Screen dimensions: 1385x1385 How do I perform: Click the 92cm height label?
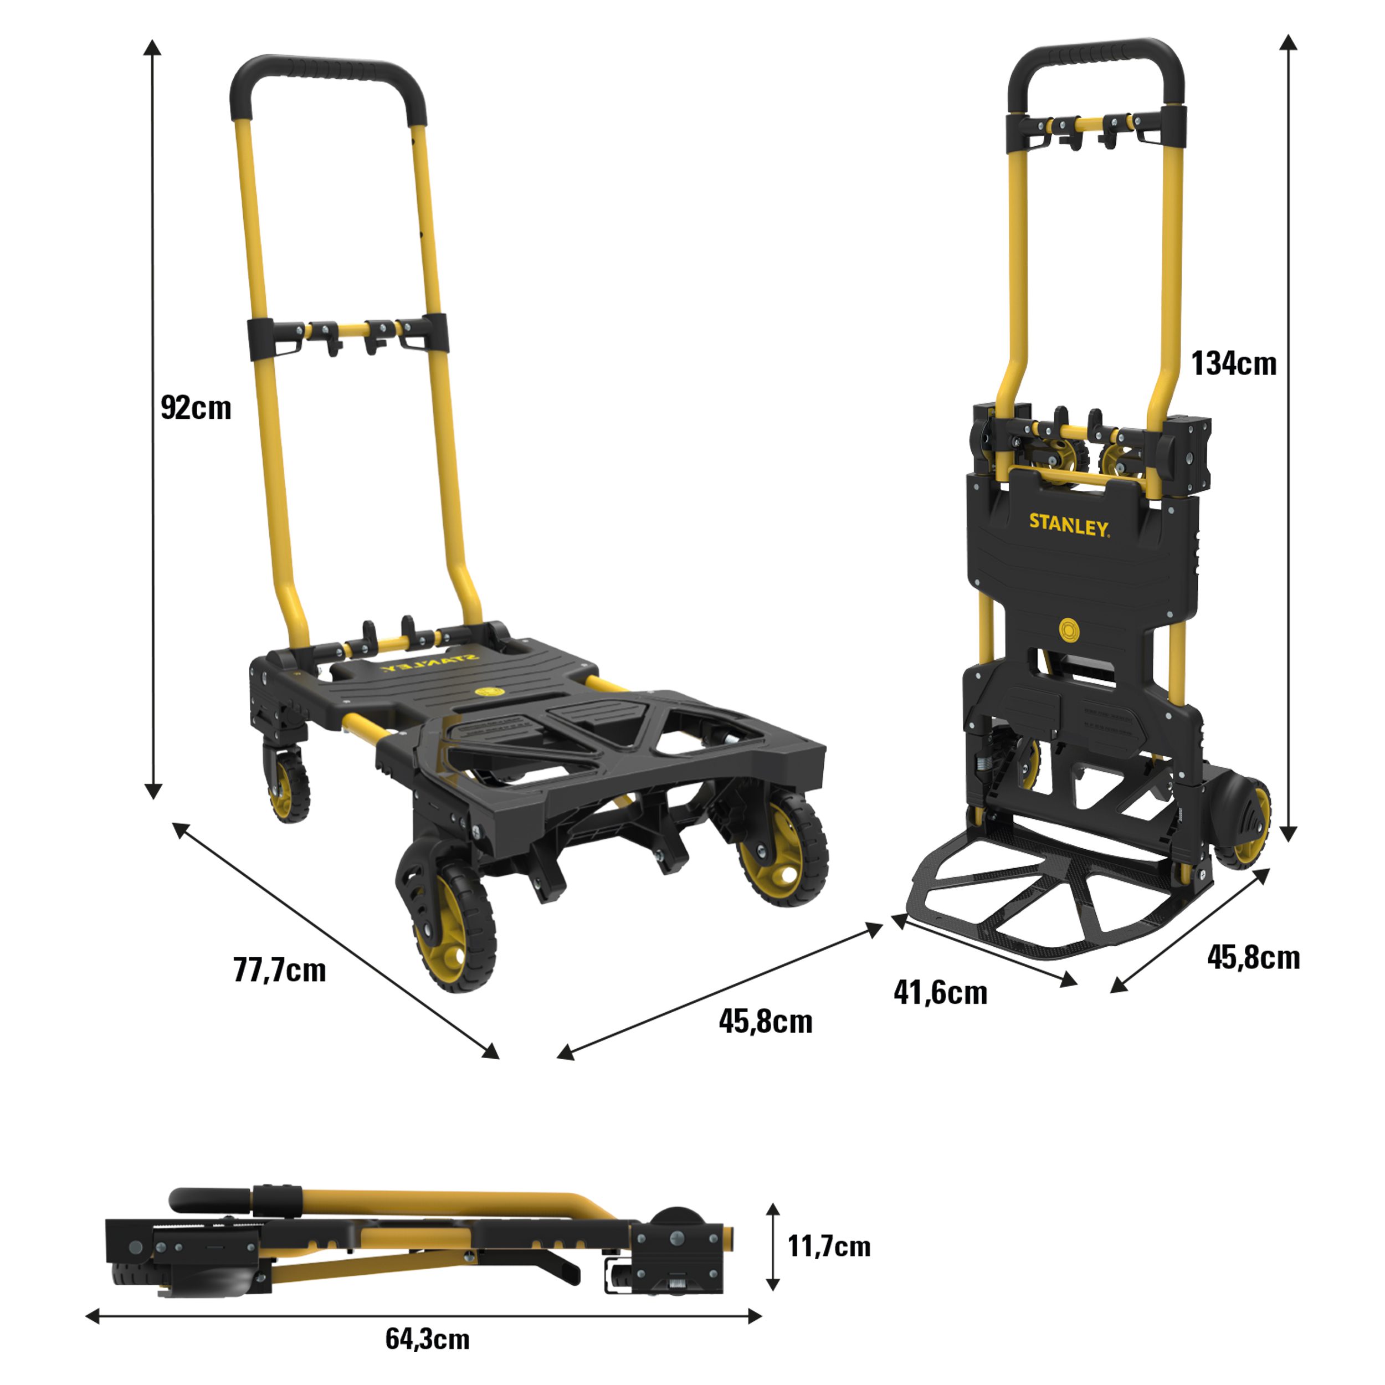(x=196, y=408)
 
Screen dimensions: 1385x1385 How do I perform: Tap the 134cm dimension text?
(x=1234, y=363)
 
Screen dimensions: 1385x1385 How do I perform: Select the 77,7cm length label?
(x=280, y=970)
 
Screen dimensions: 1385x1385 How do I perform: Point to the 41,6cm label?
(x=941, y=993)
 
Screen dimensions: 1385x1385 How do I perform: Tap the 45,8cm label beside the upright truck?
(x=1254, y=958)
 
